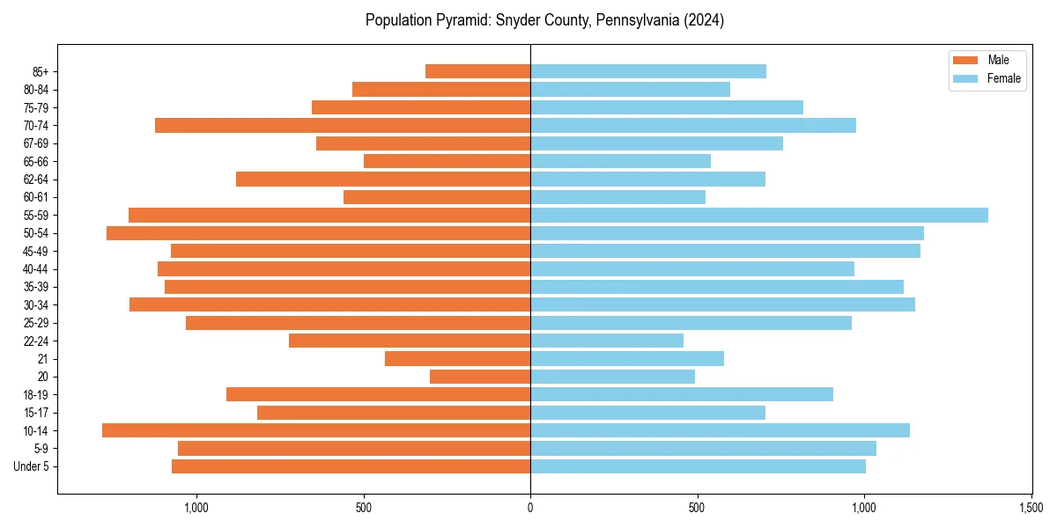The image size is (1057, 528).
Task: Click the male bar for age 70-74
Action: click(x=343, y=126)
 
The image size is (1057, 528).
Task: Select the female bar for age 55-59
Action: click(x=759, y=216)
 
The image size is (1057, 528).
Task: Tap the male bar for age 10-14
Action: click(x=316, y=430)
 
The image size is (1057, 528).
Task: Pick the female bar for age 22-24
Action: click(x=607, y=341)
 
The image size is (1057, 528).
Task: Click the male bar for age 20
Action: click(x=480, y=377)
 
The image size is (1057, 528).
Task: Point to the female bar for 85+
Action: click(x=648, y=71)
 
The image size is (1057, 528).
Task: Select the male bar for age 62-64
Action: click(x=383, y=180)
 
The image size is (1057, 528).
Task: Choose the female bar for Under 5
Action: click(x=698, y=466)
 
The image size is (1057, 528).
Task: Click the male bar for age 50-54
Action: click(x=318, y=233)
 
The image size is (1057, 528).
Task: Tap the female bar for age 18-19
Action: click(x=682, y=394)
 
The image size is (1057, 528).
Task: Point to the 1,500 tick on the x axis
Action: click(x=1031, y=508)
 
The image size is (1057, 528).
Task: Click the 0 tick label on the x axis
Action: click(x=530, y=508)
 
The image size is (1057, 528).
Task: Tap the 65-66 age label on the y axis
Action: click(x=36, y=162)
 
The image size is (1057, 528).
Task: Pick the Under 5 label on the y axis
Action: click(x=32, y=466)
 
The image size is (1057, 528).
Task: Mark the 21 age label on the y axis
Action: click(x=42, y=359)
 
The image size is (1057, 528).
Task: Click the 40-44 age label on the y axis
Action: click(x=36, y=269)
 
